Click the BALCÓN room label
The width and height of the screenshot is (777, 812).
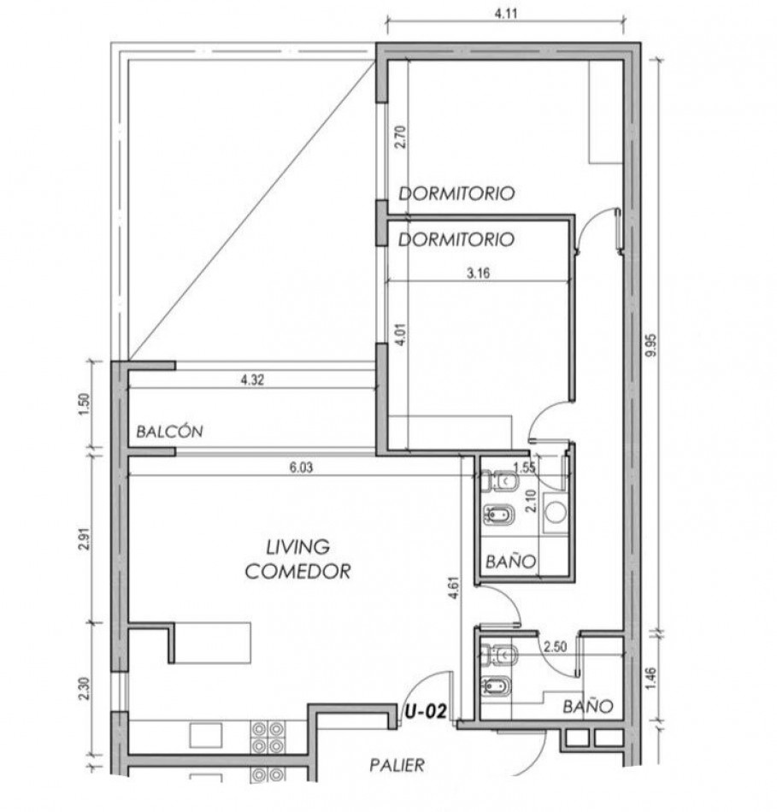tap(169, 432)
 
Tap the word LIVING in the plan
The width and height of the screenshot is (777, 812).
tap(297, 545)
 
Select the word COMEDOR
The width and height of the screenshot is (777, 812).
tap(297, 572)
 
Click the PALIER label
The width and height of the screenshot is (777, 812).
tap(397, 765)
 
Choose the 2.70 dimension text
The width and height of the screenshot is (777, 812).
tap(399, 138)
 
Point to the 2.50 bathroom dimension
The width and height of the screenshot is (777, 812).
tap(556, 647)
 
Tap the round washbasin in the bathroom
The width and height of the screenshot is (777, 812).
tap(557, 512)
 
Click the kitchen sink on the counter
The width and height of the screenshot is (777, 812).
tap(204, 733)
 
